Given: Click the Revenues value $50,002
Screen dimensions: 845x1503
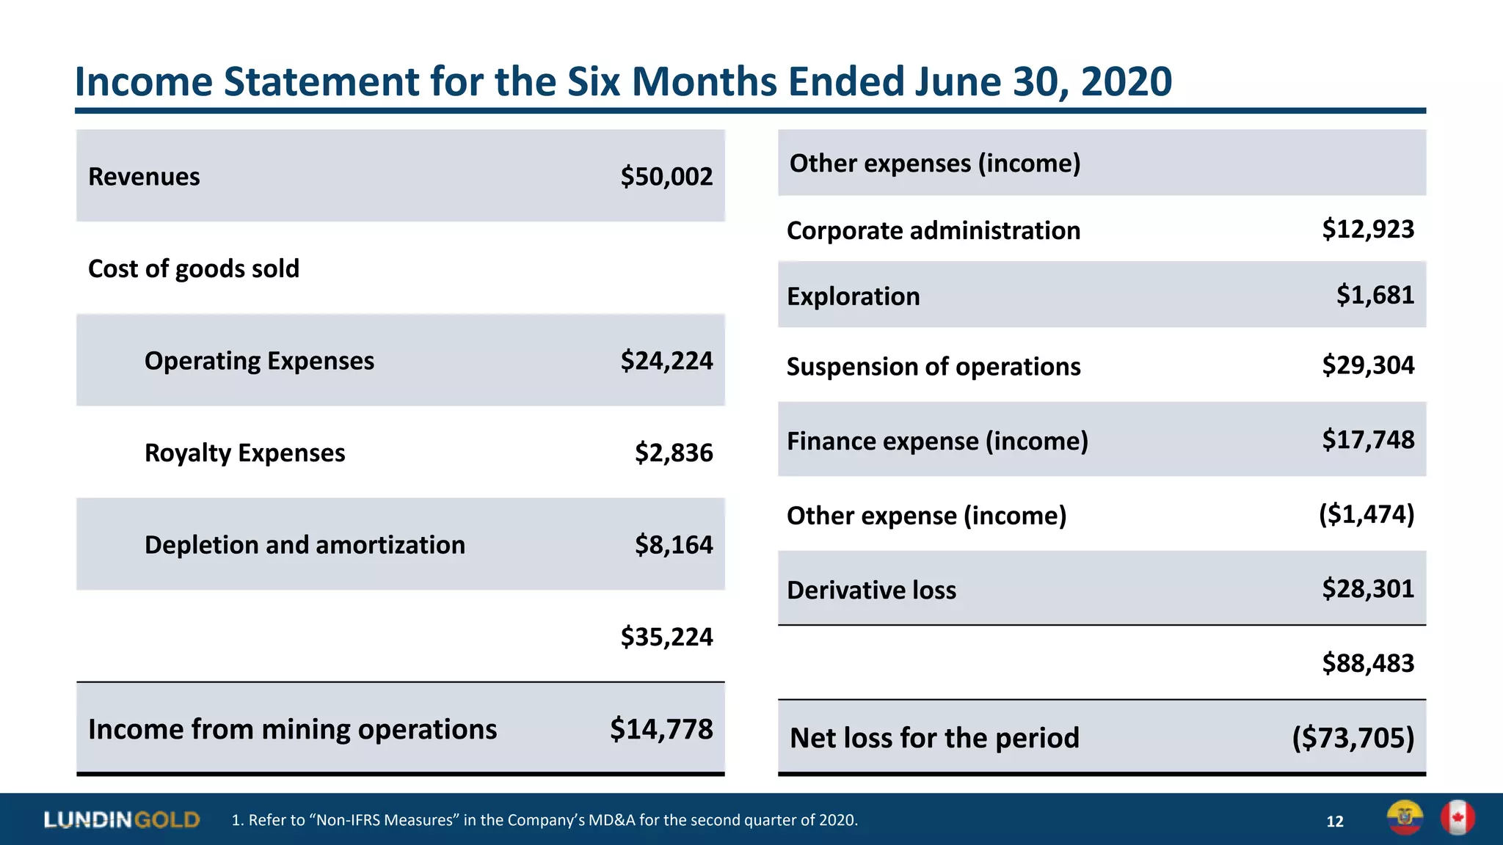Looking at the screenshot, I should [x=666, y=177].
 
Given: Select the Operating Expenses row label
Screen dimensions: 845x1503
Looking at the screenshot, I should [x=259, y=361].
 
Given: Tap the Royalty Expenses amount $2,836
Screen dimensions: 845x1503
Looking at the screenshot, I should [x=674, y=453].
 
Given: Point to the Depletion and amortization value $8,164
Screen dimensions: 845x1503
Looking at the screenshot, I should [x=674, y=545].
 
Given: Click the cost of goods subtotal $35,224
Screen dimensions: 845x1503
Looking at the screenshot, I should [x=666, y=637].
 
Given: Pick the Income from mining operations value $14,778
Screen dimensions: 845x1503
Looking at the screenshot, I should [x=661, y=729].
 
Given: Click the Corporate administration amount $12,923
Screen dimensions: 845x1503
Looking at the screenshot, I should [x=1368, y=230].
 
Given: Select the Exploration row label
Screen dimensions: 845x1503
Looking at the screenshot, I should [x=853, y=296].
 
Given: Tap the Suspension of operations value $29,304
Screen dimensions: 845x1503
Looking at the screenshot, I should [x=1368, y=365].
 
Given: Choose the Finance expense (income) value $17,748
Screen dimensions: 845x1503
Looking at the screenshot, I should [x=1368, y=440].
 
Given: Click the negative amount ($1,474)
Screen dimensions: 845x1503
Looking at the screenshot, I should [x=1366, y=514].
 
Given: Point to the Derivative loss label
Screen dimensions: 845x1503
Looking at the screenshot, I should [x=871, y=590].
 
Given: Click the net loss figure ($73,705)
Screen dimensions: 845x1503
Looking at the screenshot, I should [x=1353, y=738].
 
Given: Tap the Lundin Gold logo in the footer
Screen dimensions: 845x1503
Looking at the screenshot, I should [x=122, y=819].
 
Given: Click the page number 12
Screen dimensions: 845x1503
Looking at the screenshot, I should [x=1334, y=822].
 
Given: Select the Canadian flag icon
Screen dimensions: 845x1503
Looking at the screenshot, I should [x=1457, y=818].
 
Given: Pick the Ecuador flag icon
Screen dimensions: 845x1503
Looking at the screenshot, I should [x=1405, y=818].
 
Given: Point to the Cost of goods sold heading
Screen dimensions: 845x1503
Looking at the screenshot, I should [x=194, y=269].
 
